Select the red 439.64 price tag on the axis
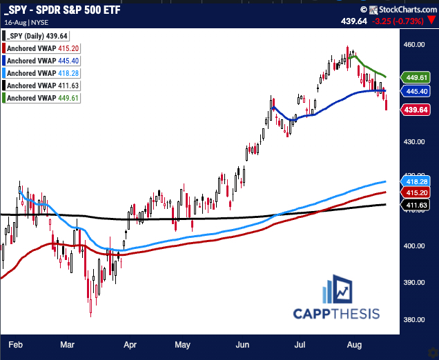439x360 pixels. (416, 110)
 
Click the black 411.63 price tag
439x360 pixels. (416, 204)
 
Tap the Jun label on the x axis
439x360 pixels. (242, 343)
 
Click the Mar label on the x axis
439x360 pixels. (68, 343)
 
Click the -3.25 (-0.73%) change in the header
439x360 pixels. (398, 21)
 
